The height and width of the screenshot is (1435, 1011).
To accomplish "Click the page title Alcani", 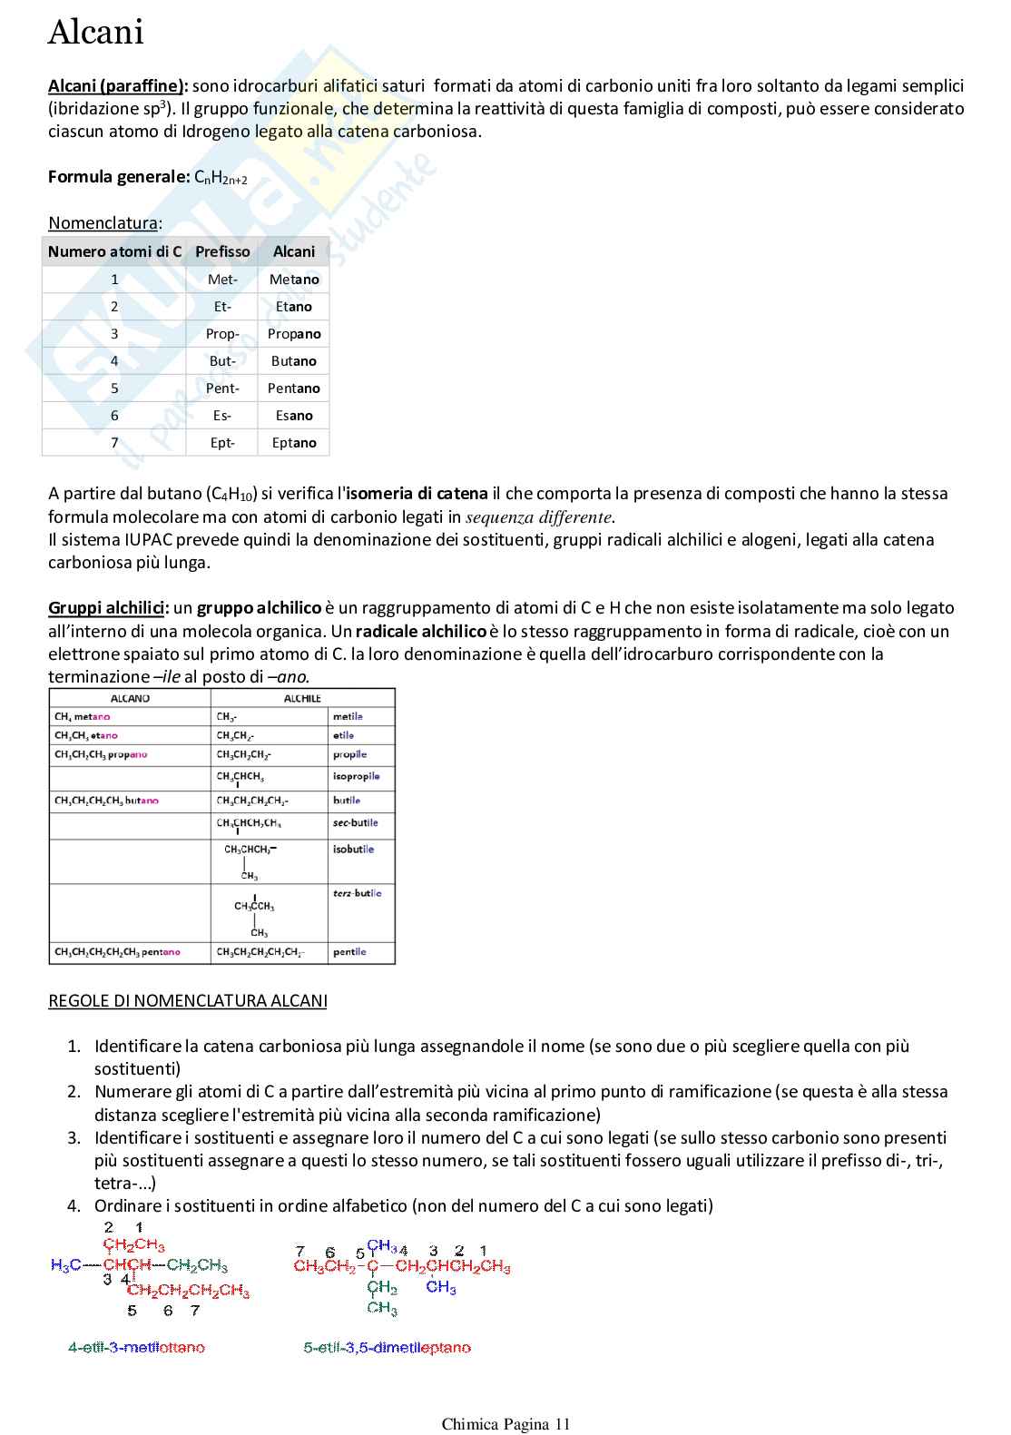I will tap(95, 34).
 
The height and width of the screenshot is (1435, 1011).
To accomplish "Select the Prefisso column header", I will tap(222, 251).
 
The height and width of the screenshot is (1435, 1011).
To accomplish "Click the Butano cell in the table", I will tap(293, 361).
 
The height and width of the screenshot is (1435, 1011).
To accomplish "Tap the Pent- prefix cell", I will tap(222, 388).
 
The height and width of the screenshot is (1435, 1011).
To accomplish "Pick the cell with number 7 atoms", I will tap(114, 443).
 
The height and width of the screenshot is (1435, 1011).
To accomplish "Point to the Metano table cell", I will tap(293, 280).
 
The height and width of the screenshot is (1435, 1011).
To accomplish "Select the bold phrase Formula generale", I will tap(118, 177).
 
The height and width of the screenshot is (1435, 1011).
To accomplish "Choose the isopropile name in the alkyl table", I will tap(356, 777).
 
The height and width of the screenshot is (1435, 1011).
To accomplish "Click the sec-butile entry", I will tap(355, 823).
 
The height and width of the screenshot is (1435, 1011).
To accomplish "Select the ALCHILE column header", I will tap(302, 699).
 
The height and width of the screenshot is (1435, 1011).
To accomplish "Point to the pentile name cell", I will tap(349, 952).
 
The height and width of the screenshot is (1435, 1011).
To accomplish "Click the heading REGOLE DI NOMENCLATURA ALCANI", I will tap(187, 1001).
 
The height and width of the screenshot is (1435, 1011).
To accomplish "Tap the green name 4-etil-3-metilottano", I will tap(136, 1348).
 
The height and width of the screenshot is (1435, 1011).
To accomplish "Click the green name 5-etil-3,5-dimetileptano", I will tap(387, 1348).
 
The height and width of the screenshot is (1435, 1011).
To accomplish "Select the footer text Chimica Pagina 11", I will tap(505, 1424).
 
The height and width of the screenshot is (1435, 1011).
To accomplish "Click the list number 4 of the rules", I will tap(74, 1206).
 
